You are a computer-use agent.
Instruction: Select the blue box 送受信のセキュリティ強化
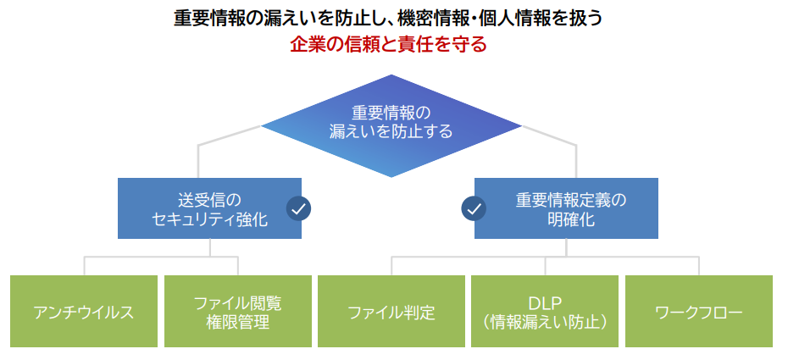209,208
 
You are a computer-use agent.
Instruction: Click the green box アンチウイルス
84,311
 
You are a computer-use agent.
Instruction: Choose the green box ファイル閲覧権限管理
237,311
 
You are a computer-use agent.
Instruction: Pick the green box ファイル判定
391,311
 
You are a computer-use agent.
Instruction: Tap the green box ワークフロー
699,311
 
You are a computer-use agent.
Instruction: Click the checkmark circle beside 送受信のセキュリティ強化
298,208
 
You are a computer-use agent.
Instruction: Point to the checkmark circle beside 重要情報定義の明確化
474,208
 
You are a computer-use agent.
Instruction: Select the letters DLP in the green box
545,302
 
